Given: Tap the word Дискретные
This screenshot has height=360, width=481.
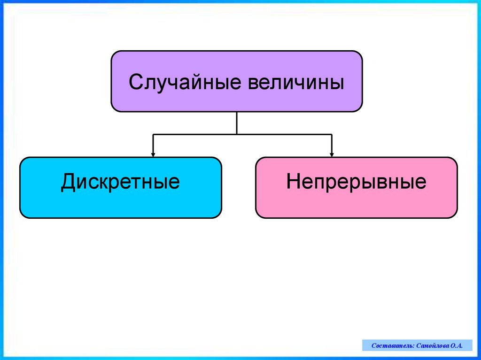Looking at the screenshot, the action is pos(120,182).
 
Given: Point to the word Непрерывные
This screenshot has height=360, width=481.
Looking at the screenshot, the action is pos(356,182).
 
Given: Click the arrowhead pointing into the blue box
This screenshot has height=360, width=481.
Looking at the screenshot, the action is pos(153,154).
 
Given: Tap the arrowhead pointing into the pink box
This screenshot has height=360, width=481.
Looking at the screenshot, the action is pos(332,154).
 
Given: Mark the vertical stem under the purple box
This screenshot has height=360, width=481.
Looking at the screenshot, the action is pos(237,123).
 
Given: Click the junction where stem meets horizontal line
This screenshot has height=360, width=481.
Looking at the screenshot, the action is pos(237,135).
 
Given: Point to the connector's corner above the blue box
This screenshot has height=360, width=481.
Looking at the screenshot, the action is pos(153,135).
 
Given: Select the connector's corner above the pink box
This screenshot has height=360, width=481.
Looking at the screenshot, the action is pos(332,135).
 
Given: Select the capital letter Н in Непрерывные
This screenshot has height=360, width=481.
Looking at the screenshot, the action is pos(293,182).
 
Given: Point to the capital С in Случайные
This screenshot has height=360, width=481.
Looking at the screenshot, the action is pos(136,83).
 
